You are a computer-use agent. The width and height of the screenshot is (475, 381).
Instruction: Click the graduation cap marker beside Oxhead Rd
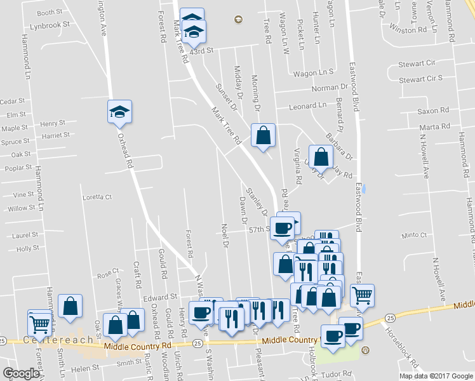119,112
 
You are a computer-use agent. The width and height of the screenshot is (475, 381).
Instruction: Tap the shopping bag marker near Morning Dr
263,135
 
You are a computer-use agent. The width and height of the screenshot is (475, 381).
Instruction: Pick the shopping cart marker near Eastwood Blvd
361,295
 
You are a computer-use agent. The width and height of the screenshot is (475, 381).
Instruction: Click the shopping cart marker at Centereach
40,323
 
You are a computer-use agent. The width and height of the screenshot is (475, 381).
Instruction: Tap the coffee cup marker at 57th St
283,227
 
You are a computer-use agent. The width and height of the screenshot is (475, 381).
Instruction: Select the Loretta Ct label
97,197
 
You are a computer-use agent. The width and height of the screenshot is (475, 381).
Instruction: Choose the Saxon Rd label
433,110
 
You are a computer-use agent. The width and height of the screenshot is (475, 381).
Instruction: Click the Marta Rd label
434,127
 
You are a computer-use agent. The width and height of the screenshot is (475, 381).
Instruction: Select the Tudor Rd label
338,373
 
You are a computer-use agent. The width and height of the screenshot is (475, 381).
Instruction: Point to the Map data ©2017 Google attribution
435,375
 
